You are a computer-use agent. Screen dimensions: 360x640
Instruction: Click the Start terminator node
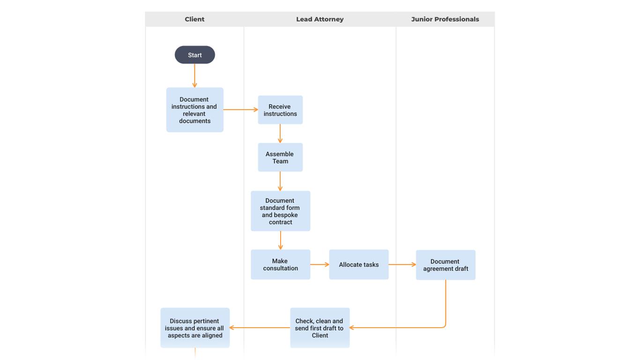(194, 55)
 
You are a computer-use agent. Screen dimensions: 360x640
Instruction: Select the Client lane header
(194, 19)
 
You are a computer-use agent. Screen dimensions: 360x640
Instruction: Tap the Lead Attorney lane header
(320, 19)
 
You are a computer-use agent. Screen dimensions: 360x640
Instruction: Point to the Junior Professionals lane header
(445, 19)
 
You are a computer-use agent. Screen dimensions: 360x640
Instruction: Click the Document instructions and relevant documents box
(194, 110)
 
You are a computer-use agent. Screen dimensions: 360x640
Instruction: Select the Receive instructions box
(280, 110)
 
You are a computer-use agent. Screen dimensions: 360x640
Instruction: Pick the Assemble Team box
(280, 157)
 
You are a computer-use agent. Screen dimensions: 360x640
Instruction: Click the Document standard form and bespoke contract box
(280, 211)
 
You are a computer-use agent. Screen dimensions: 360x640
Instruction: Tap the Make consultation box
(280, 264)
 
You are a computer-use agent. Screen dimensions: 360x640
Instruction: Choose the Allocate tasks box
(358, 264)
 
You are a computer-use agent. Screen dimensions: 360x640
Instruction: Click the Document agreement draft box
(445, 265)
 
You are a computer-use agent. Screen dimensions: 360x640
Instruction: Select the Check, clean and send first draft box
(320, 328)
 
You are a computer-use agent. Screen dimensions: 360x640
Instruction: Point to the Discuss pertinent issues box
(195, 328)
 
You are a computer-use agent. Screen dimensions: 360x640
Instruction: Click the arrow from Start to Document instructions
(194, 75)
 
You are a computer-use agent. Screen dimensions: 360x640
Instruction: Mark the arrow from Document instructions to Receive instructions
(240, 110)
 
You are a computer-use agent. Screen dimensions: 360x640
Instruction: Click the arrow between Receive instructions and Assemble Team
(280, 134)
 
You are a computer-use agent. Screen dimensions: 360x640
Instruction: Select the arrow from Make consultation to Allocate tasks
(320, 264)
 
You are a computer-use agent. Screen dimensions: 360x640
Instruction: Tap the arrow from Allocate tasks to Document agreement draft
(402, 264)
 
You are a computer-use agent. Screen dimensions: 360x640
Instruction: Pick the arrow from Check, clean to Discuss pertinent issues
(260, 328)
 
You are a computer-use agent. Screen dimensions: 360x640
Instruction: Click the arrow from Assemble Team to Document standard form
(280, 181)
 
